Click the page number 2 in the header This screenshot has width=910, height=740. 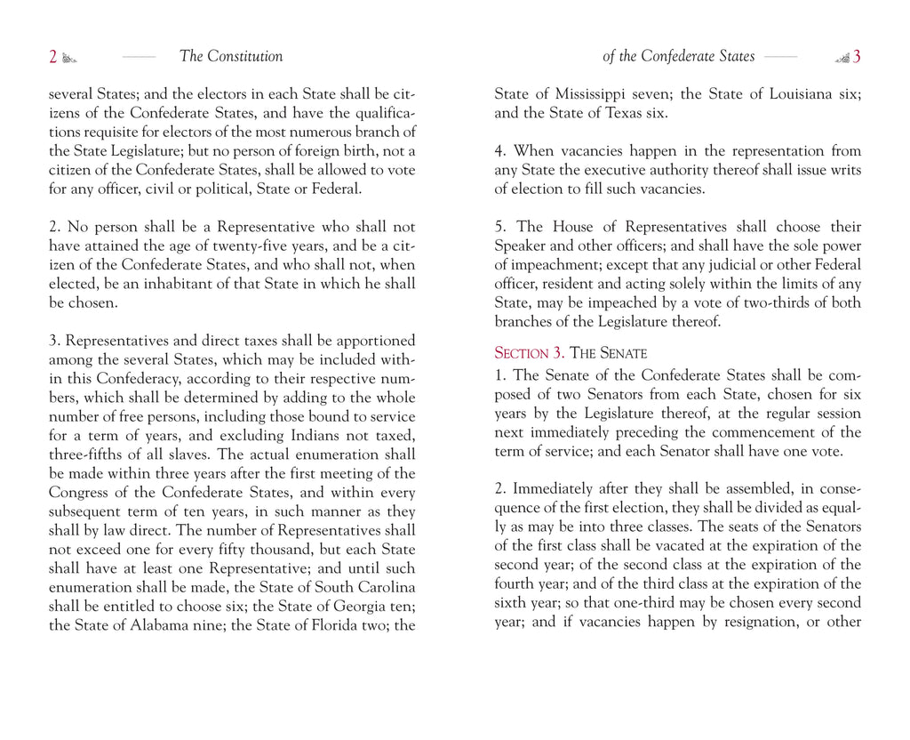tap(53, 57)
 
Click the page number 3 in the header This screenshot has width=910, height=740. tap(857, 57)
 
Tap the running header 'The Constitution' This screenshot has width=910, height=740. tap(231, 57)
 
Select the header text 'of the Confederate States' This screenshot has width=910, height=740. tap(678, 57)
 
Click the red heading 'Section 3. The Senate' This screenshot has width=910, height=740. tap(571, 353)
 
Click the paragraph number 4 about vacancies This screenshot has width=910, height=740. tap(499, 151)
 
